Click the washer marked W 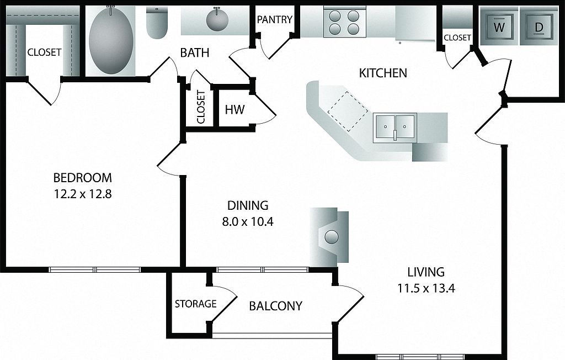[x=499, y=26]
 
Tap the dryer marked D [x=539, y=26]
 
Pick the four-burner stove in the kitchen [x=345, y=22]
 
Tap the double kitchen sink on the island [x=395, y=128]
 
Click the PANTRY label [x=275, y=19]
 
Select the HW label [x=234, y=109]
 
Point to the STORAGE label [x=196, y=304]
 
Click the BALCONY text [x=276, y=306]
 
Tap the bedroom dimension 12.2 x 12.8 [x=83, y=194]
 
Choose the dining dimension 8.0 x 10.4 [x=248, y=221]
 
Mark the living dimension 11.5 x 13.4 [x=426, y=288]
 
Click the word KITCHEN [x=383, y=73]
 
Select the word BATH [x=195, y=52]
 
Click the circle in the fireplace [x=332, y=237]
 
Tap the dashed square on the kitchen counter [x=348, y=111]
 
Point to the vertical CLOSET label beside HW [x=201, y=107]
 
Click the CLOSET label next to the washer [x=457, y=38]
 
